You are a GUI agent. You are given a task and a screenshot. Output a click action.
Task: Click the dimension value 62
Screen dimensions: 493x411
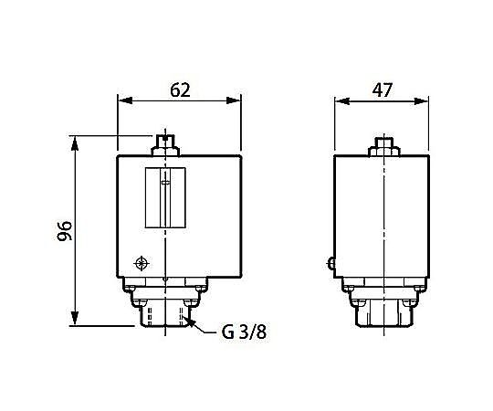[180, 90]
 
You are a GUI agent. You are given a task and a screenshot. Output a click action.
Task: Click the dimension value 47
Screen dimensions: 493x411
[382, 90]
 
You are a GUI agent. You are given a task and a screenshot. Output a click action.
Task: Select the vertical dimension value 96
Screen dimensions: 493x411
[65, 231]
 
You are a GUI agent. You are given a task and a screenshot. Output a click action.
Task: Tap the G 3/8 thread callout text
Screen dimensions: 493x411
[245, 332]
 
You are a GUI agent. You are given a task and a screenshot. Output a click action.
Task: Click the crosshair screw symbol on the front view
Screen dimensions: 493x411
[142, 263]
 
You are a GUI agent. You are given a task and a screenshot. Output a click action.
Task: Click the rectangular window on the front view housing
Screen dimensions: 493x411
[165, 197]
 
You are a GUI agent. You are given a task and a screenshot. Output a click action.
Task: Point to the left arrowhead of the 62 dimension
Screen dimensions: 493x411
[124, 100]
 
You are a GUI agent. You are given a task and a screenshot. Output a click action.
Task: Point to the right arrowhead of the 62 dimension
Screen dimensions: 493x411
[234, 100]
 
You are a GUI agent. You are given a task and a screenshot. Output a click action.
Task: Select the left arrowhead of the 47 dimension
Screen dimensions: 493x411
[342, 101]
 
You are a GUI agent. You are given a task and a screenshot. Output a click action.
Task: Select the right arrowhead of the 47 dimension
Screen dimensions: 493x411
[421, 101]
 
